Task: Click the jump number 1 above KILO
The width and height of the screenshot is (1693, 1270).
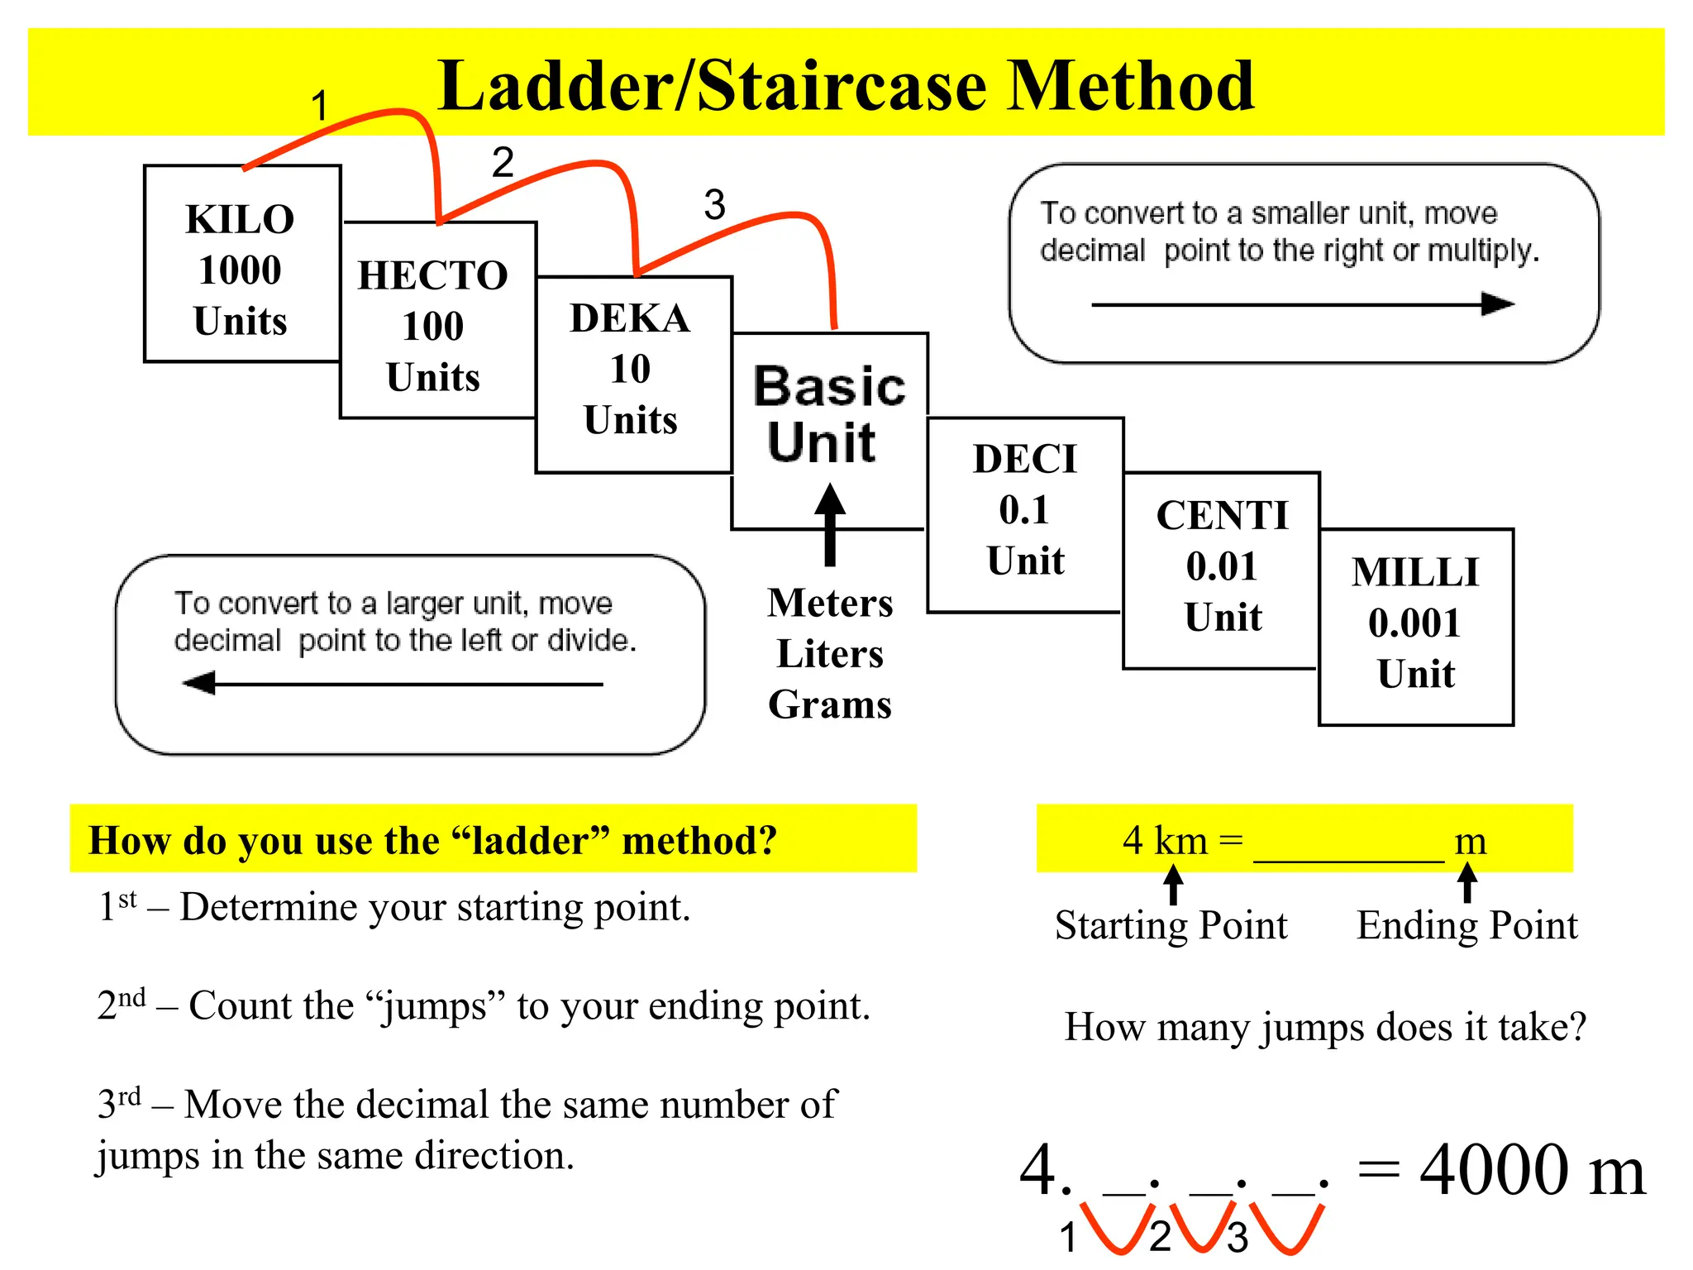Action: coord(320,106)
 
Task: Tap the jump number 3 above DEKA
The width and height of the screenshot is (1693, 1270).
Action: coord(714,204)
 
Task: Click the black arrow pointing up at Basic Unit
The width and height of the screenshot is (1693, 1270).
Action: coord(830,526)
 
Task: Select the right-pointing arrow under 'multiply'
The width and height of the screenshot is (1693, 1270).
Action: coord(1302,304)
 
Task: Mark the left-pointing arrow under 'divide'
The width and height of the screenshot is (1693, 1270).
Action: coord(393,684)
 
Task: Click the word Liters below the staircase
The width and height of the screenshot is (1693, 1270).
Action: coord(830,654)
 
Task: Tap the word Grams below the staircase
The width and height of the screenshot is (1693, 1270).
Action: coord(830,704)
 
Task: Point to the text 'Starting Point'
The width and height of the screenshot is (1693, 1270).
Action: coord(1171,925)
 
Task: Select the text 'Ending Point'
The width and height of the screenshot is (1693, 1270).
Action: coord(1467,925)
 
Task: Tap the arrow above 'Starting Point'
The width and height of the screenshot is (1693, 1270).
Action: coord(1173,884)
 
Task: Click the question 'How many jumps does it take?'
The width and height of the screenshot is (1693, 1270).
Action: coord(1325,1027)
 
